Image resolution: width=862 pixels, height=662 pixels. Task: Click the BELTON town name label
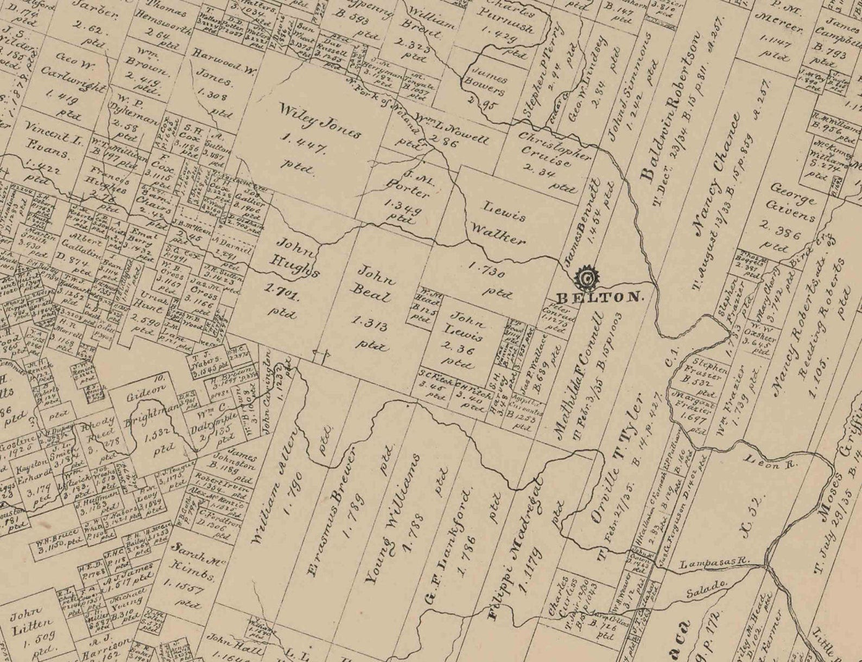(x=600, y=297)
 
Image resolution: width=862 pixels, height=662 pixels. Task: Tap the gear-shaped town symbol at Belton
(x=586, y=278)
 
